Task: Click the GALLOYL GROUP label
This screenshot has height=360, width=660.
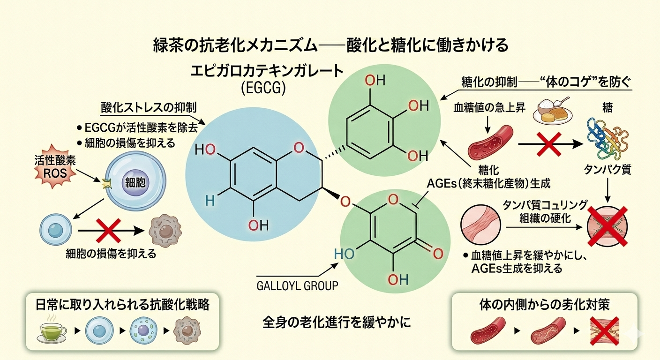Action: [x=297, y=285]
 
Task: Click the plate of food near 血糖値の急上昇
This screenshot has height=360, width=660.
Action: [x=553, y=111]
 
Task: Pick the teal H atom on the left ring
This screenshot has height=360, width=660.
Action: [x=210, y=201]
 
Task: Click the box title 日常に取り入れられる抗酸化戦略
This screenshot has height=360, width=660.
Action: [x=122, y=305]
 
